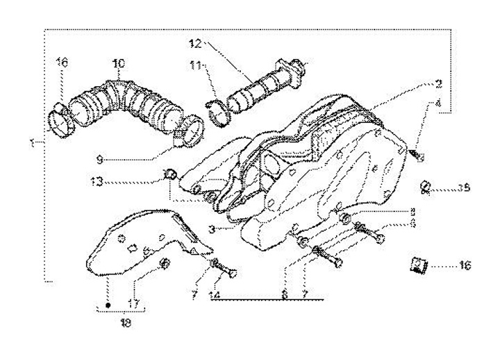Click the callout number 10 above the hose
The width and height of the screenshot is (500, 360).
(x=118, y=64)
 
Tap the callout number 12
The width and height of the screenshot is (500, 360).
(x=197, y=43)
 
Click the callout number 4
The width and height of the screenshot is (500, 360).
(x=438, y=104)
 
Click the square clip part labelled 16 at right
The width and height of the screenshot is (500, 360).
(x=419, y=265)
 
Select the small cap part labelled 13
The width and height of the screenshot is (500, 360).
(x=167, y=173)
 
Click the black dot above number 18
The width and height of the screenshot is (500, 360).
(x=108, y=304)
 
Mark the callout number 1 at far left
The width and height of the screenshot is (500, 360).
(x=33, y=144)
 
